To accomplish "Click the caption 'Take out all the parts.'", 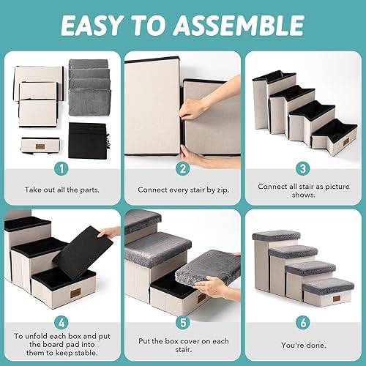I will [x=61, y=189].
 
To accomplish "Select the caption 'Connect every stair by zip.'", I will [x=183, y=189].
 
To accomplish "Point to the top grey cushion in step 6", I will [x=275, y=235].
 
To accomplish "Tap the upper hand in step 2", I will [x=192, y=110].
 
